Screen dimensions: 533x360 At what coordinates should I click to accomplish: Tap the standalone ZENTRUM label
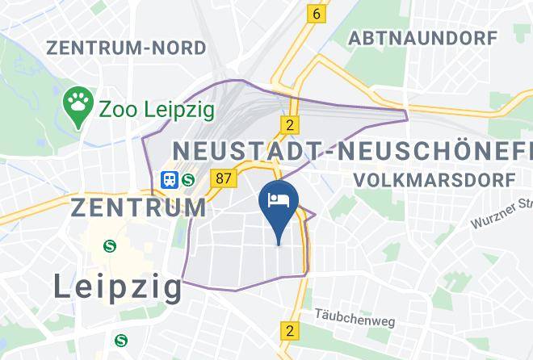point(139,207)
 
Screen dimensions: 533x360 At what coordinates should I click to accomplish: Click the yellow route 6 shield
point(317,13)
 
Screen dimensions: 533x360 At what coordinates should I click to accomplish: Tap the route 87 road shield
point(221,177)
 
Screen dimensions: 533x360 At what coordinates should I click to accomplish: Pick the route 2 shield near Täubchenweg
point(289,330)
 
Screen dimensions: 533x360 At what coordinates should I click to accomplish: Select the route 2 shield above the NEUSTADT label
point(288,124)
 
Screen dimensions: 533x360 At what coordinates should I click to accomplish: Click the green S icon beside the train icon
point(188,178)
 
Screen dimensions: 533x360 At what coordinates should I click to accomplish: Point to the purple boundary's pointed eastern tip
point(408,118)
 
